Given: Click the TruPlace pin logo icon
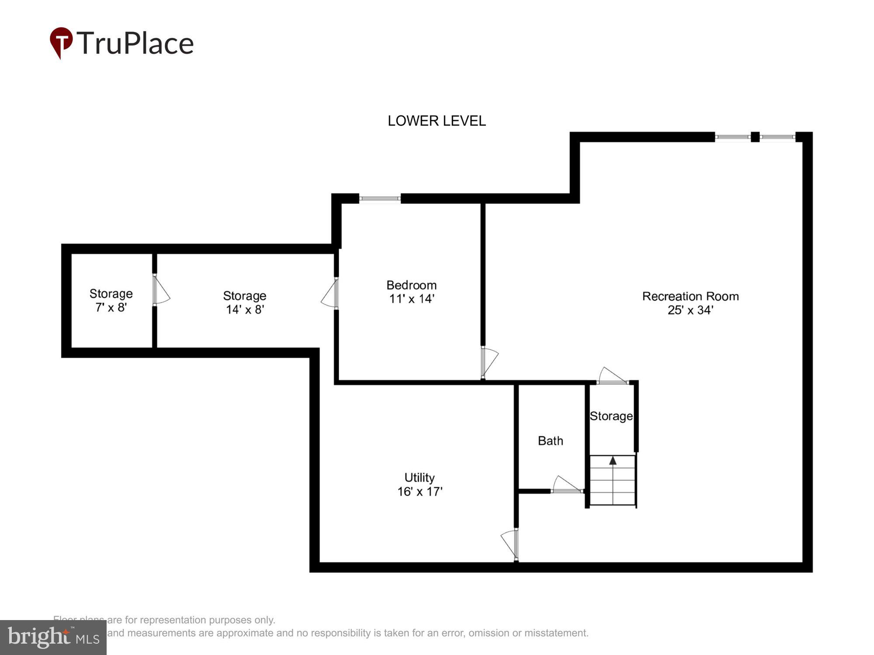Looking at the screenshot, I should click(61, 42).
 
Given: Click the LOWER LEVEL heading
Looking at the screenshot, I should click(437, 121).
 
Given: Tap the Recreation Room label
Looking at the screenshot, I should click(690, 296).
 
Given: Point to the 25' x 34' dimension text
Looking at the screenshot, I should click(690, 310).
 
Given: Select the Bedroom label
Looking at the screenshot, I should click(411, 285).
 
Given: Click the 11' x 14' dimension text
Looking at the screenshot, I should click(411, 299).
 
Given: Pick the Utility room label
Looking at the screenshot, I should click(419, 477).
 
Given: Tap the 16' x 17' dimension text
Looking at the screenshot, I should click(420, 492).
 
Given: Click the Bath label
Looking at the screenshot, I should click(550, 441).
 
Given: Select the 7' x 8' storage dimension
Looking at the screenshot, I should click(111, 307).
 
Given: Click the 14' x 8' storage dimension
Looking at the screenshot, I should click(245, 310).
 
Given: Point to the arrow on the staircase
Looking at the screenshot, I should click(613, 460).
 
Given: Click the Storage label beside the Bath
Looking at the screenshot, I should click(611, 416).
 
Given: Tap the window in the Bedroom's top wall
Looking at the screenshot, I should click(380, 199).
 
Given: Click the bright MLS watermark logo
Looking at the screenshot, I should click(53, 638).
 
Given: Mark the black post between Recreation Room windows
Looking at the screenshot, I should click(755, 137).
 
